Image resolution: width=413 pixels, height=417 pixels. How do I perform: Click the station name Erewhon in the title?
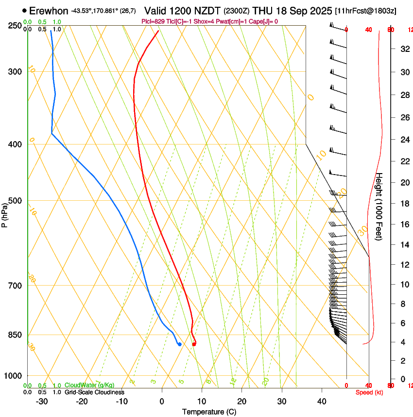pyautogui.click(x=49, y=11)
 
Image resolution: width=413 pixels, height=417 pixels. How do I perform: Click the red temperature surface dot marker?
pyautogui.click(x=194, y=344)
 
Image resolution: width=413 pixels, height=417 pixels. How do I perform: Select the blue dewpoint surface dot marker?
pyautogui.click(x=180, y=344)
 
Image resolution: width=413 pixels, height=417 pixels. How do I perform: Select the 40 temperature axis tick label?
pyautogui.click(x=321, y=401)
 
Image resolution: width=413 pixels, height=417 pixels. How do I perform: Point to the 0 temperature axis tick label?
pyautogui.click(x=162, y=401)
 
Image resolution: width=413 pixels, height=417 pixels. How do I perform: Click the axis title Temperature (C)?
pyautogui.click(x=209, y=412)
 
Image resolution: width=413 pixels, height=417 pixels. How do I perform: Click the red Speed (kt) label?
pyautogui.click(x=369, y=392)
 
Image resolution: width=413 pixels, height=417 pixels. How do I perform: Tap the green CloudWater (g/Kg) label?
pyautogui.click(x=89, y=385)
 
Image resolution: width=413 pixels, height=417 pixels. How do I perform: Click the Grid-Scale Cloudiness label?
pyautogui.click(x=94, y=392)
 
